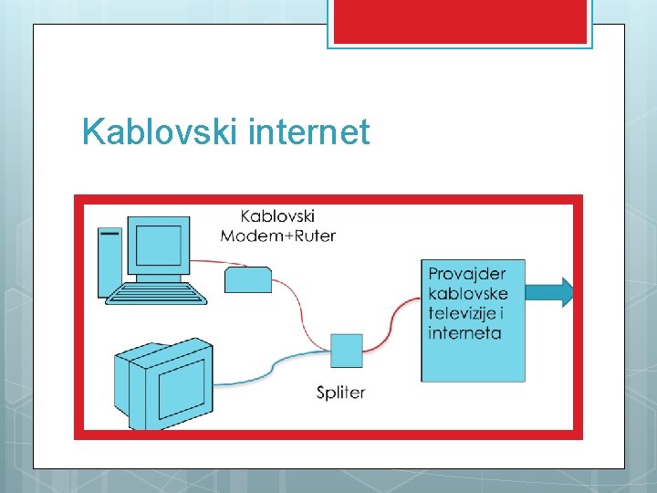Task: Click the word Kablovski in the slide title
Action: pyautogui.click(x=159, y=133)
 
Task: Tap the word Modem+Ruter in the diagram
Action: pyautogui.click(x=278, y=236)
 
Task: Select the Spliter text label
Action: pyautogui.click(x=340, y=393)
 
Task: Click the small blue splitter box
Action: pyautogui.click(x=346, y=350)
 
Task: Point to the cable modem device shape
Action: pyautogui.click(x=248, y=279)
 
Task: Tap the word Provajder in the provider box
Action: pyautogui.click(x=467, y=274)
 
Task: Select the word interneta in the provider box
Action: pyautogui.click(x=464, y=332)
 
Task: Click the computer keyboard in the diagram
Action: pyautogui.click(x=158, y=293)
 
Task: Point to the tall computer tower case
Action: pyautogui.click(x=110, y=261)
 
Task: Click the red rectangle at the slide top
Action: pyautogui.click(x=460, y=21)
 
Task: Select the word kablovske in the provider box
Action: pyautogui.click(x=468, y=294)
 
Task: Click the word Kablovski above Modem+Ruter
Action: pyautogui.click(x=277, y=216)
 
